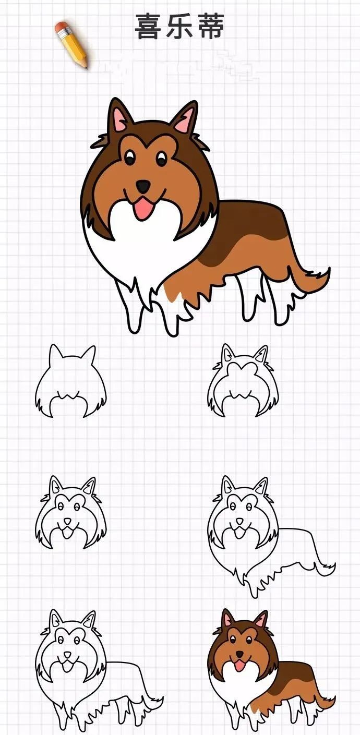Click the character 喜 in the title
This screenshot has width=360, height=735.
149,27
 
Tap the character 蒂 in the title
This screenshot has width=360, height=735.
210,27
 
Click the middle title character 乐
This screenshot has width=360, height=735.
179,27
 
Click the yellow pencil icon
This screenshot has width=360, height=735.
73,45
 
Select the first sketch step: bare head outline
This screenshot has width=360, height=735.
70,383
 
